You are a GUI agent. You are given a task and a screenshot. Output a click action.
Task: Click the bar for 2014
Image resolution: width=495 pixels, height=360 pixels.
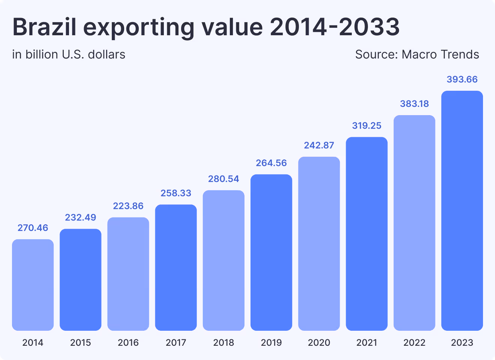[33, 285]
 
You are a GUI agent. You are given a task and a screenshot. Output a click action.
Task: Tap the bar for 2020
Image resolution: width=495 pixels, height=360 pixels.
[319, 244]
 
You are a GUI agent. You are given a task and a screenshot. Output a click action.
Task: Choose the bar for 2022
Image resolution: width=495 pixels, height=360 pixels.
[414, 223]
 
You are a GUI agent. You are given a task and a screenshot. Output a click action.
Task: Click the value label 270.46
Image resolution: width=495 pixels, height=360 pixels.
[33, 228]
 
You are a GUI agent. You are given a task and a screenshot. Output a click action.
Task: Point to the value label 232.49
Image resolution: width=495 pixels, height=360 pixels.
[81, 217]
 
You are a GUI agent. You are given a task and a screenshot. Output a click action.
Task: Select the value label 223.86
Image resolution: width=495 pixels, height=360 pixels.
[128, 206]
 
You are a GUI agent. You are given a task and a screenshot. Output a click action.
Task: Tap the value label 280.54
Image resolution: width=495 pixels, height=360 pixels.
[223, 179]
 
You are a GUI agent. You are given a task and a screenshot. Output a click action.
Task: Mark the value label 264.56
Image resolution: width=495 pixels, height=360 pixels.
[271, 163]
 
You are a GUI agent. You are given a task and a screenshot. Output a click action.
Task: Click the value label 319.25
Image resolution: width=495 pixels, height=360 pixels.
[367, 126]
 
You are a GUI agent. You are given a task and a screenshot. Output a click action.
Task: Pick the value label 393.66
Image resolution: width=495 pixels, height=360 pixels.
[462, 79]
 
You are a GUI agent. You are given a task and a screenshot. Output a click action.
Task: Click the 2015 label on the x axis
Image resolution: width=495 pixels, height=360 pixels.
[81, 342]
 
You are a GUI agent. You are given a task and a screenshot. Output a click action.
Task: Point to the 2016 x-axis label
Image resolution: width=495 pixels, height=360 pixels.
[128, 342]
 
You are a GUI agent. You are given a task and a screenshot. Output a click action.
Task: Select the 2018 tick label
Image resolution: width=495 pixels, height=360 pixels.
[223, 342]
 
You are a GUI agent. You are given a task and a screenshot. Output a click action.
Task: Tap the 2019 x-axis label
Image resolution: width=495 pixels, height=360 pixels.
[271, 342]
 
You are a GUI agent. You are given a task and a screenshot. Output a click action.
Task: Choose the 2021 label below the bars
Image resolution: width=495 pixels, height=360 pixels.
[367, 342]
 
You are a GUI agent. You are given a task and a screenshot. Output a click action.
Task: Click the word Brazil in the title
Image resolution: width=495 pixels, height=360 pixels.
[45, 27]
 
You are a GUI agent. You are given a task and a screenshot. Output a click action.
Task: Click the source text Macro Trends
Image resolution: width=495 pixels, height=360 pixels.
[440, 55]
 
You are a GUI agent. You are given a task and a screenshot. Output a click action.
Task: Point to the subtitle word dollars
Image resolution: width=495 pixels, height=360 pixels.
[106, 55]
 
